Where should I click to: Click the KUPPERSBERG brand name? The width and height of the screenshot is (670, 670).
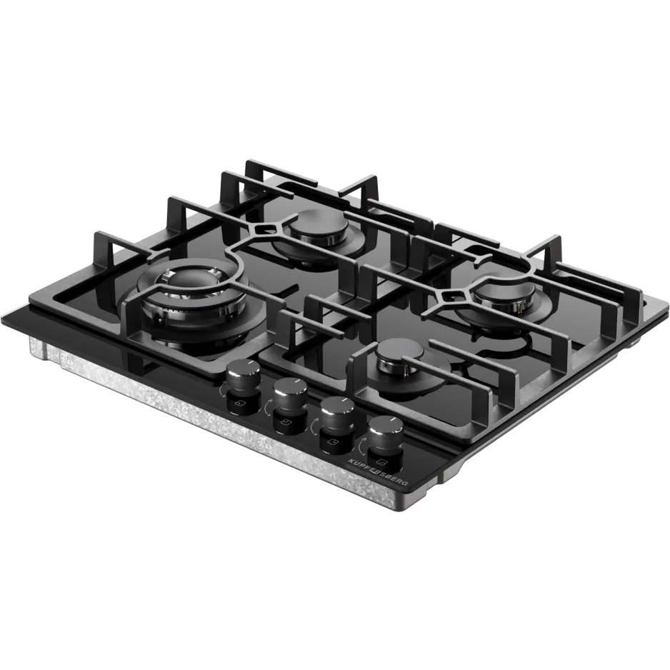[378, 473]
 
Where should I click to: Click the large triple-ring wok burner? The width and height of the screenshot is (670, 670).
[192, 304]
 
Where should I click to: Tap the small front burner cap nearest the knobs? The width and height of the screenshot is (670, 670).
[399, 358]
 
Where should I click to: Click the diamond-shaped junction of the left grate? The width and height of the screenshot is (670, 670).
[264, 230]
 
